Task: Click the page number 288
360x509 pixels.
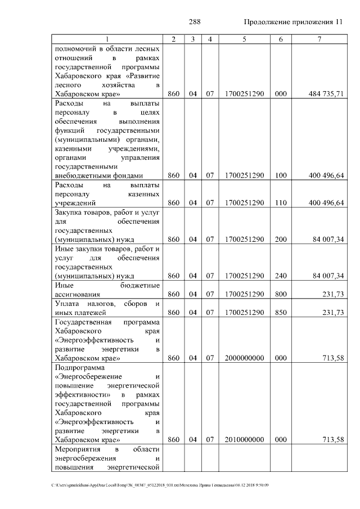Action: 195,22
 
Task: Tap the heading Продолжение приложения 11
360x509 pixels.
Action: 293,22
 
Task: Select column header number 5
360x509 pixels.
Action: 244,39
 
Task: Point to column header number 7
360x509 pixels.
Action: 319,39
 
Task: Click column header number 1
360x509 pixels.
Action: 107,39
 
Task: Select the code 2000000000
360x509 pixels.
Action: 244,357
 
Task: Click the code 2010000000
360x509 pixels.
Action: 244,439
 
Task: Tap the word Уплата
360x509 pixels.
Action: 68,303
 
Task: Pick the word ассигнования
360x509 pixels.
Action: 78,294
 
